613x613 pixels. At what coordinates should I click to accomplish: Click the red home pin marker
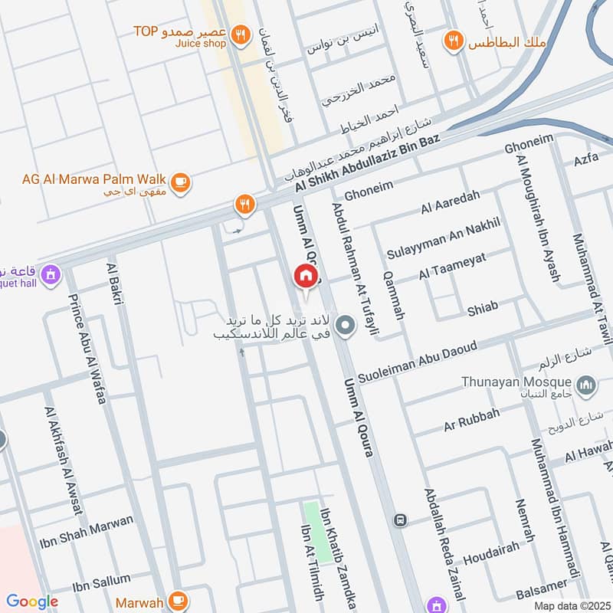click(x=305, y=276)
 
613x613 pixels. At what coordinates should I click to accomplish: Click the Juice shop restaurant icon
click(x=241, y=34)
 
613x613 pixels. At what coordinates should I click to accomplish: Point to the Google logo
click(x=32, y=602)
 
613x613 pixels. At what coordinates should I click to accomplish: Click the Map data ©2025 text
click(x=572, y=605)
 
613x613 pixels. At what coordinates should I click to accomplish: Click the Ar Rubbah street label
click(x=472, y=419)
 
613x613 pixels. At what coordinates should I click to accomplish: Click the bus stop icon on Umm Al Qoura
click(x=400, y=520)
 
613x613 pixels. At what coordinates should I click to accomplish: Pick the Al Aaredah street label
click(x=450, y=202)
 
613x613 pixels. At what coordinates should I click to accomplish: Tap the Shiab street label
click(x=483, y=308)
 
